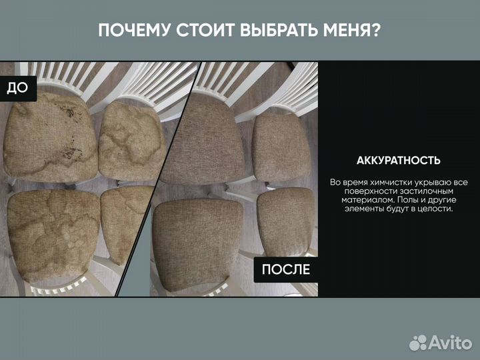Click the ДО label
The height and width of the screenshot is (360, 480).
(17, 89)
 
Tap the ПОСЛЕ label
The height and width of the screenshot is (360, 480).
(285, 269)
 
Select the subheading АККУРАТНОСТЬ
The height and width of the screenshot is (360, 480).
(399, 161)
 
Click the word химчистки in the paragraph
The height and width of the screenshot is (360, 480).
(392, 182)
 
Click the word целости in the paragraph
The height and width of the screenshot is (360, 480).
(435, 208)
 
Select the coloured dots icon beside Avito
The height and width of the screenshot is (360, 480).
(418, 342)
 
